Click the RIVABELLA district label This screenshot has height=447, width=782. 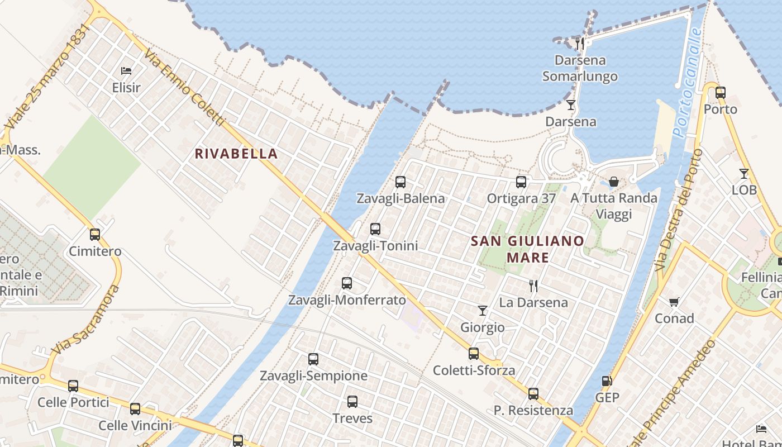[x=236, y=154]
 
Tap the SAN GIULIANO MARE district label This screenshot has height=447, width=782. [x=527, y=249]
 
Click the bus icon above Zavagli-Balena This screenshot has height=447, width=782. [x=400, y=182]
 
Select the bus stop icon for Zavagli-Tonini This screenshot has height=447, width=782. [x=375, y=229]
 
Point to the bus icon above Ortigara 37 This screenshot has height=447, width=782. [x=521, y=182]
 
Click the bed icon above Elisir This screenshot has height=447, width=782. [x=126, y=71]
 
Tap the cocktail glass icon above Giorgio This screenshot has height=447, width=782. [x=483, y=311]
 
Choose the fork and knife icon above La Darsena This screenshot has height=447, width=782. [x=533, y=286]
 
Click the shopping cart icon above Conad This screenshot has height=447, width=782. [x=674, y=302]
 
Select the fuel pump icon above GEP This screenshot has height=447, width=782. [x=607, y=382]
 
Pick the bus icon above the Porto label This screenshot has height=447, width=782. [x=721, y=93]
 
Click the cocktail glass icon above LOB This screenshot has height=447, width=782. [x=744, y=174]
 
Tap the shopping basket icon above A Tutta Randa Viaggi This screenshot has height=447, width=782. [x=614, y=182]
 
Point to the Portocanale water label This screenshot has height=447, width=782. [x=687, y=83]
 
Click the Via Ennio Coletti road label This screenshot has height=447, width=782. [x=184, y=88]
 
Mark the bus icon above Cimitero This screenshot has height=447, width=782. [x=95, y=235]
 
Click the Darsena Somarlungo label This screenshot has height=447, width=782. [x=580, y=68]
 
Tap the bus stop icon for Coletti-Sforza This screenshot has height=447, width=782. [x=474, y=354]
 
